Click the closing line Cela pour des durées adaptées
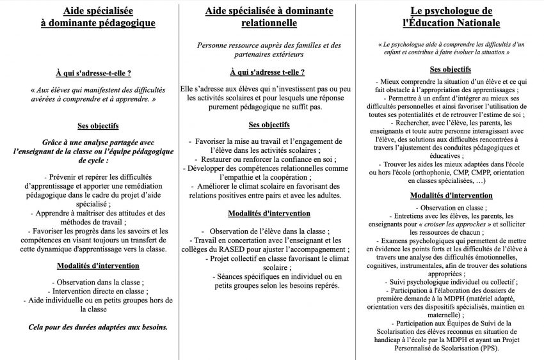99,327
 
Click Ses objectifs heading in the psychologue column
451,68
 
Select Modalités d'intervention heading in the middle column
269,213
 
